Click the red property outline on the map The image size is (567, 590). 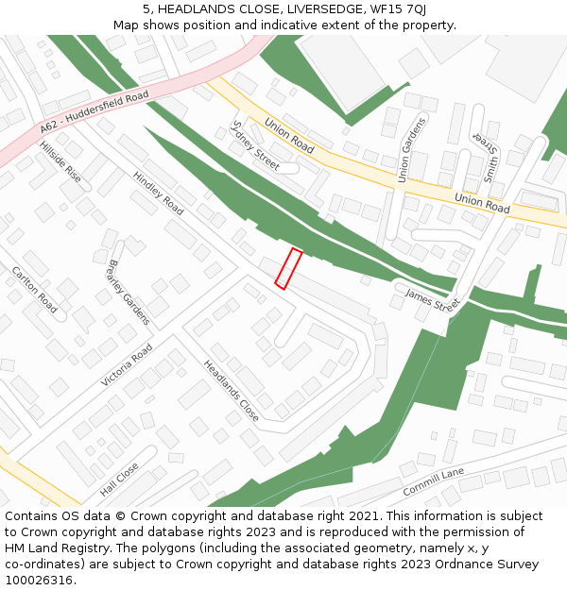click(288, 268)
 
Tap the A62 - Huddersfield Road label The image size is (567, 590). click(94, 112)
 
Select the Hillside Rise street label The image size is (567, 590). click(60, 162)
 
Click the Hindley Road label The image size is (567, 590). click(158, 193)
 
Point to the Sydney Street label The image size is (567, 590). click(255, 145)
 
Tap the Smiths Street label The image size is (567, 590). click(490, 157)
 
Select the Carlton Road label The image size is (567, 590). click(34, 290)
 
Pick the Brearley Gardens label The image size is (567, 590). click(129, 293)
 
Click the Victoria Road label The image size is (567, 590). click(127, 365)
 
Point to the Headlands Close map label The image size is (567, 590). click(231, 390)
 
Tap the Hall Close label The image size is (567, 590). click(119, 480)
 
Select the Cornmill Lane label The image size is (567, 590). click(433, 481)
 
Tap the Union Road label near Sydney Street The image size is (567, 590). click(289, 135)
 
